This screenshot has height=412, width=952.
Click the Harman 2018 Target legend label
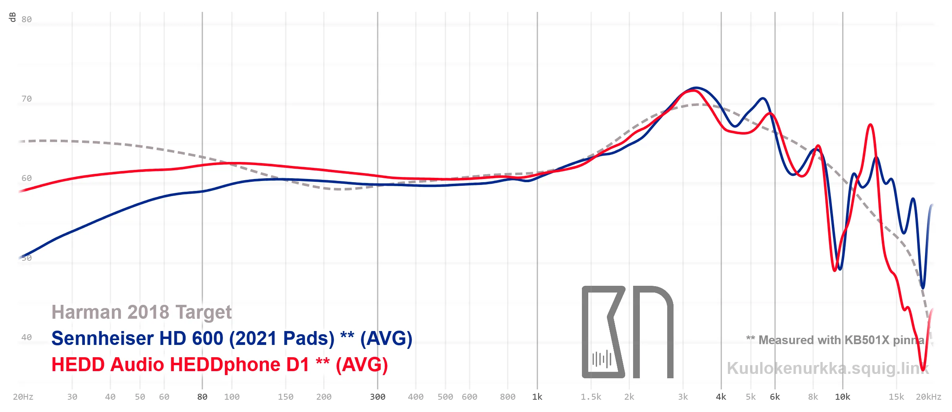tap(142, 312)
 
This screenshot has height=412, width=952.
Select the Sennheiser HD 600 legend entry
tap(232, 339)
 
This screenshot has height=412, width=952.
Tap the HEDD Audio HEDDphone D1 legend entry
tap(220, 365)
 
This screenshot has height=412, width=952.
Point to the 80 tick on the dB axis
tap(27, 19)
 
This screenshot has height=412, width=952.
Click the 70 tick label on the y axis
tap(27, 99)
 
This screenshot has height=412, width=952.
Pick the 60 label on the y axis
tap(27, 178)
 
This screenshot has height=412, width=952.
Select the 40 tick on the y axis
tap(27, 337)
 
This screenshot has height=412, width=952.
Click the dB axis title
tap(12, 17)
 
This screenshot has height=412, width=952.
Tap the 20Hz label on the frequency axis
tap(23, 397)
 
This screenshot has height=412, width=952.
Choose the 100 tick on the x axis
tap(232, 397)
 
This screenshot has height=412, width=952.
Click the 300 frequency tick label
tap(378, 397)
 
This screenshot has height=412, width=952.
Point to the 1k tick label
tap(537, 397)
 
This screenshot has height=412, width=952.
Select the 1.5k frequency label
tap(591, 397)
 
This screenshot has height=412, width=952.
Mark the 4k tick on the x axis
tap(721, 397)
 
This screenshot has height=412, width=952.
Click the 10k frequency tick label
tap(843, 397)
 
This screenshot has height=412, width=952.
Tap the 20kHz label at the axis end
tap(929, 397)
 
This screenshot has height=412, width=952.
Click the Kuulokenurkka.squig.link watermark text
tap(828, 368)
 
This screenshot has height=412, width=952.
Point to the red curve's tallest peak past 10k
tap(870, 125)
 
